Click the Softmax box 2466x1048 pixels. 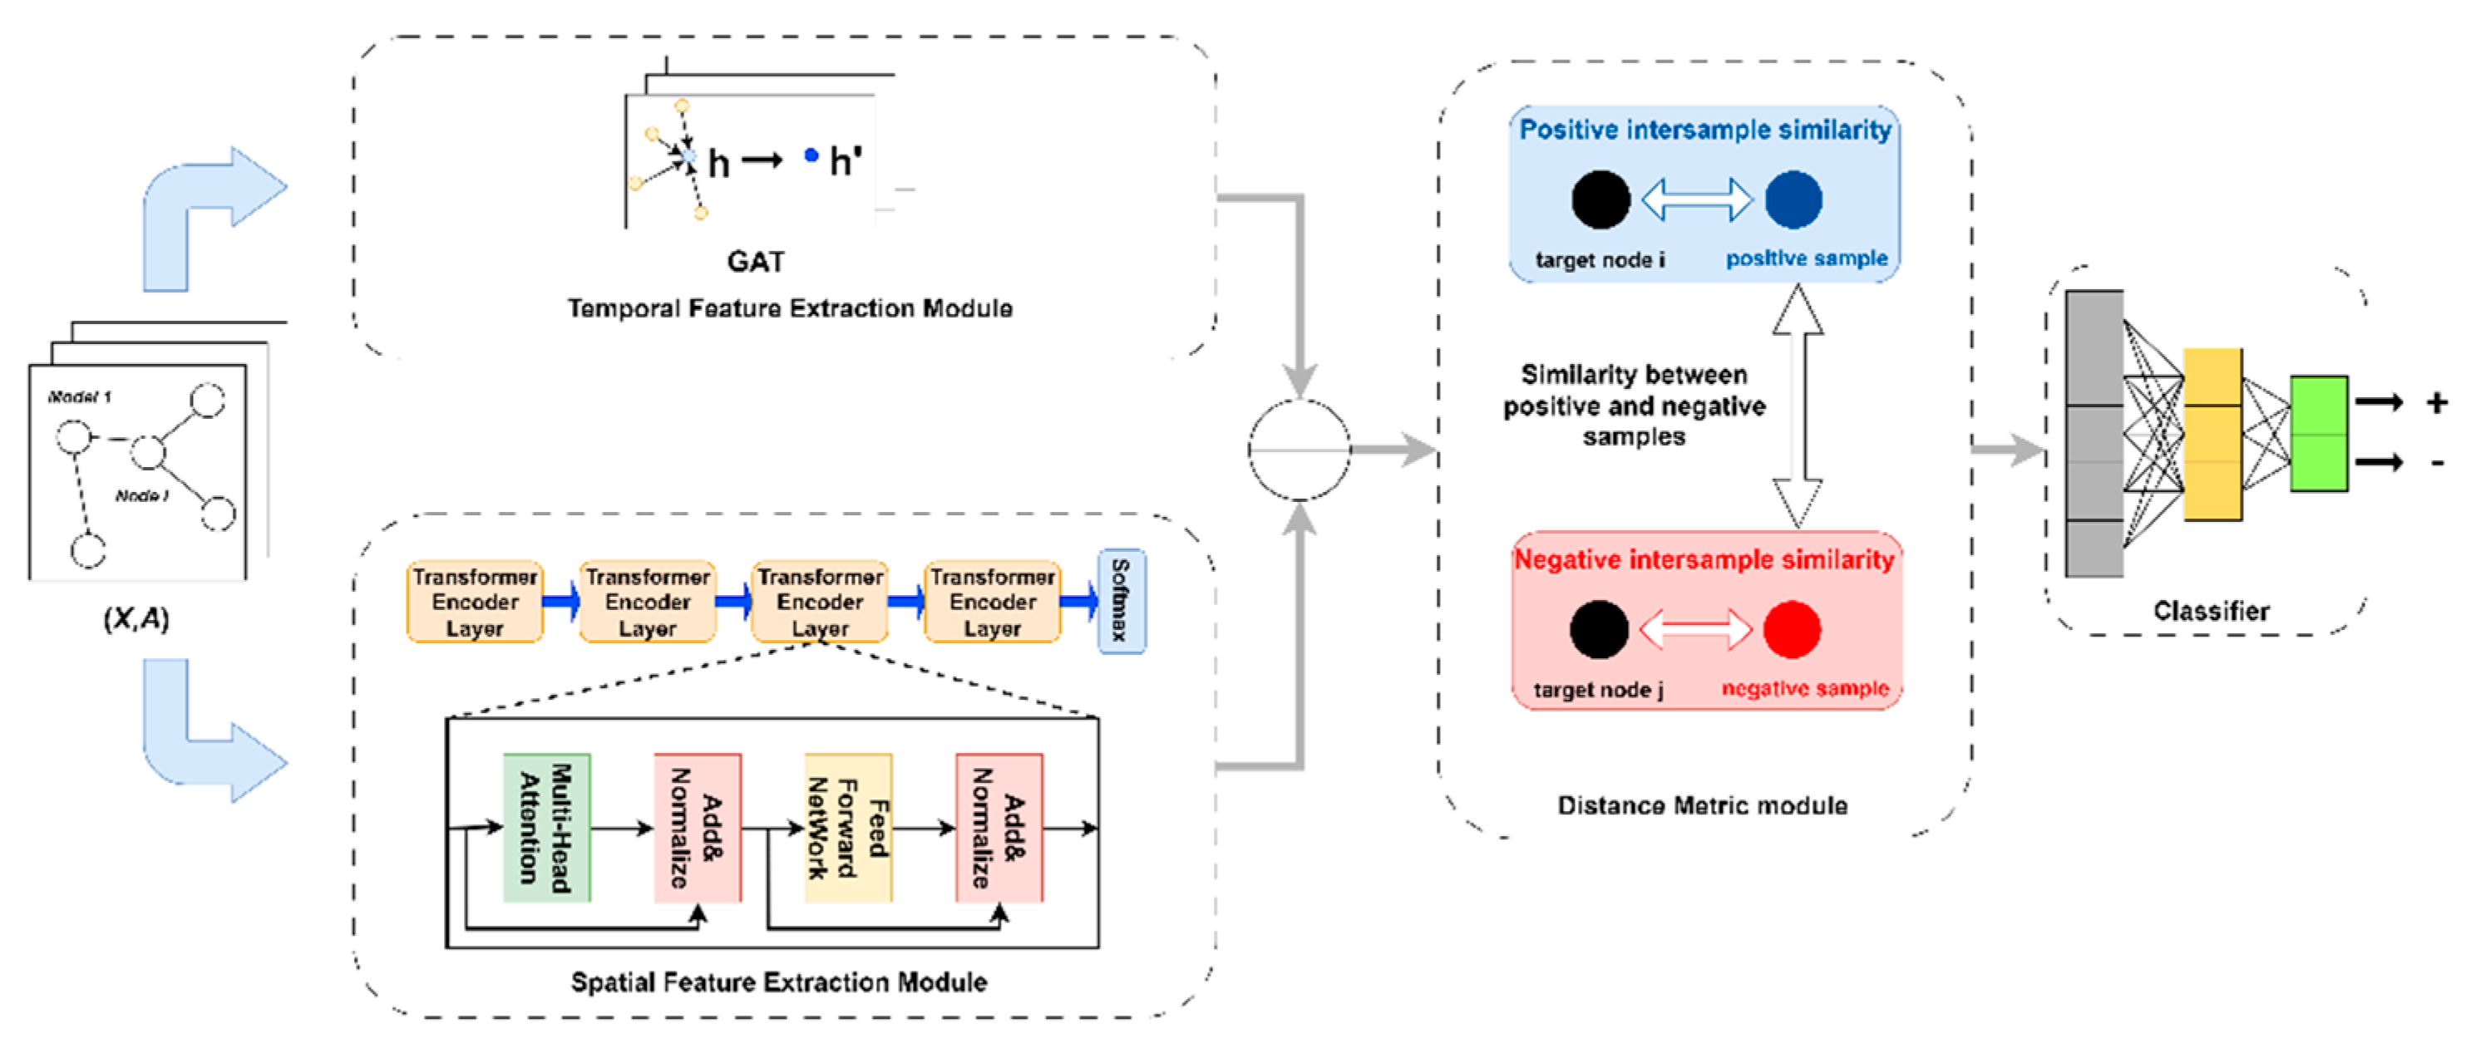[1120, 601]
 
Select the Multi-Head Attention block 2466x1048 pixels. [546, 828]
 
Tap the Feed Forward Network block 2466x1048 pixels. [848, 828]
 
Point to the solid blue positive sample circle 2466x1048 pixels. [1793, 199]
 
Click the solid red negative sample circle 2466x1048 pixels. [1791, 630]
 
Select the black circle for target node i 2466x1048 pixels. [1600, 199]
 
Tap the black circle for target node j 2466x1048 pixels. [1599, 630]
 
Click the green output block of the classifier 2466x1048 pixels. [2319, 434]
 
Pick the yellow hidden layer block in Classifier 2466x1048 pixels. [2212, 434]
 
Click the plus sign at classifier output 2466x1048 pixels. [2436, 402]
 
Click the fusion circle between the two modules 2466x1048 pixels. [1299, 449]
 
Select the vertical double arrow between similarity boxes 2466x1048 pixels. [1797, 406]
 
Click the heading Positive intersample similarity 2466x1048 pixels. [1705, 130]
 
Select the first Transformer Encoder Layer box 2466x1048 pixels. [475, 602]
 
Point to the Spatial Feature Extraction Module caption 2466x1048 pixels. [778, 982]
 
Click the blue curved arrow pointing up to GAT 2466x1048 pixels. [201, 210]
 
